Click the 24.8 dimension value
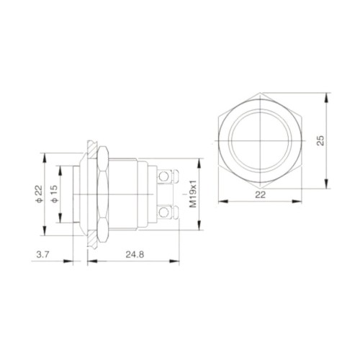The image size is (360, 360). (x=135, y=254)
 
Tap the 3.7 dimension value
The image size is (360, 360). (x=42, y=254)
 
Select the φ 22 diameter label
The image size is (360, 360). (x=39, y=194)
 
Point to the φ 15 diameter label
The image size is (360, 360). (x=54, y=194)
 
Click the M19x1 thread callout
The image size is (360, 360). (x=193, y=194)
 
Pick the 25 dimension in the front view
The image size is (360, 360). (x=320, y=140)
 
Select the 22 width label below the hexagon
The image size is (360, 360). (x=261, y=194)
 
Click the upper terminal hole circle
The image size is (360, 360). (x=163, y=177)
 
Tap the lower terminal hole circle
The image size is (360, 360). (x=163, y=212)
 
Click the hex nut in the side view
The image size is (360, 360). (x=103, y=194)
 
